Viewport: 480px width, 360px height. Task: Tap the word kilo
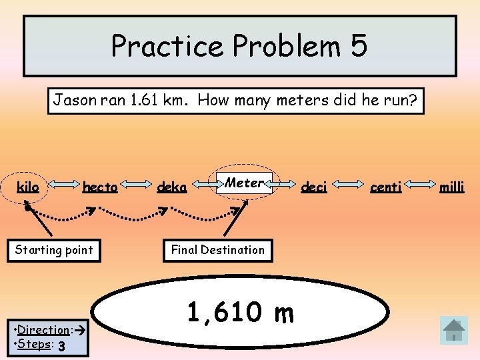(x=28, y=187)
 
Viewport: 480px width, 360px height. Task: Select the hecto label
(x=100, y=188)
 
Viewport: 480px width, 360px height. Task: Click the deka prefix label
(x=171, y=188)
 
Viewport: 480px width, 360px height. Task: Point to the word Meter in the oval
(x=244, y=182)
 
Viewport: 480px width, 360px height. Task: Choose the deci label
(x=313, y=187)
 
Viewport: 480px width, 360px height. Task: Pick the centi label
(x=385, y=187)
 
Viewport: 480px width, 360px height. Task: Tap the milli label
(x=451, y=187)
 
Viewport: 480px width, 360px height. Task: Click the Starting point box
(x=54, y=251)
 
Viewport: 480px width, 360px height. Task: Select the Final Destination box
(x=218, y=250)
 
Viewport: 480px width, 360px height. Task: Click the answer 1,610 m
(x=240, y=312)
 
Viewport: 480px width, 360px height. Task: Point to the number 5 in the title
(x=357, y=46)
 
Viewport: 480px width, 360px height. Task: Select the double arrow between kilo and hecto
(x=61, y=187)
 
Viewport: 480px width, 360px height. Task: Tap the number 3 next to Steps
(x=61, y=346)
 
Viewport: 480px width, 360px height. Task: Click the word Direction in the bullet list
(x=43, y=330)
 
